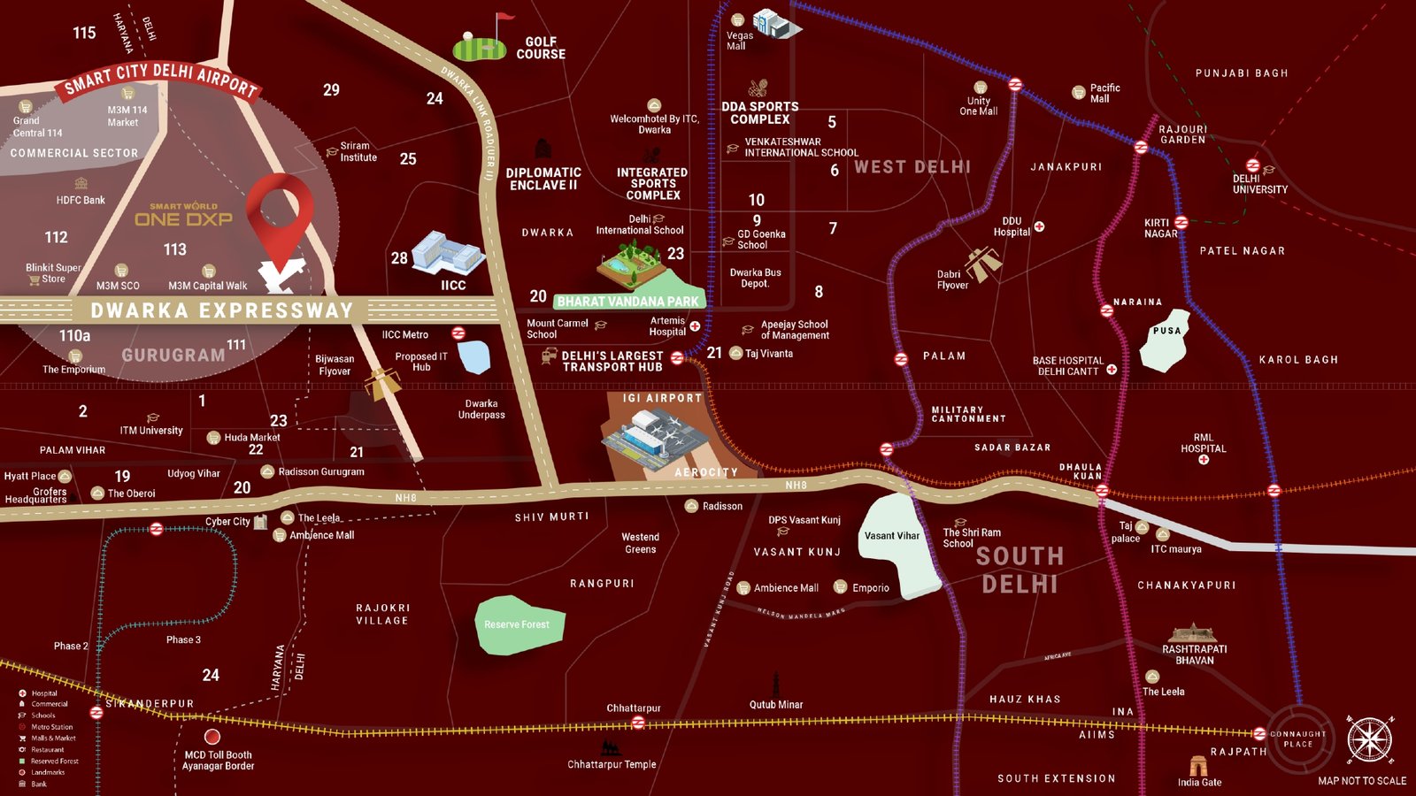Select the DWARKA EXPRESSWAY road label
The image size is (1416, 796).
point(222,310)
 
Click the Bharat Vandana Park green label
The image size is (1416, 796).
point(627,302)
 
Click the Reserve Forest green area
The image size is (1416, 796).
point(517,624)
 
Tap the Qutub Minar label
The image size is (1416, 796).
point(776,705)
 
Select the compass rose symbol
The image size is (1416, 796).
point(1369,740)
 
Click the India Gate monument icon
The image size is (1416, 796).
point(1198,765)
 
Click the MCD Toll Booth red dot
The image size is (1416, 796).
point(212,737)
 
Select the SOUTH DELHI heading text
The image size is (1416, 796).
point(1020,570)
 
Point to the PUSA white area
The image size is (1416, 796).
point(1166,341)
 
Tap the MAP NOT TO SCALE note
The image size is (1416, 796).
point(1361,781)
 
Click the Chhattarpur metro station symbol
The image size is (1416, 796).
point(638,723)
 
